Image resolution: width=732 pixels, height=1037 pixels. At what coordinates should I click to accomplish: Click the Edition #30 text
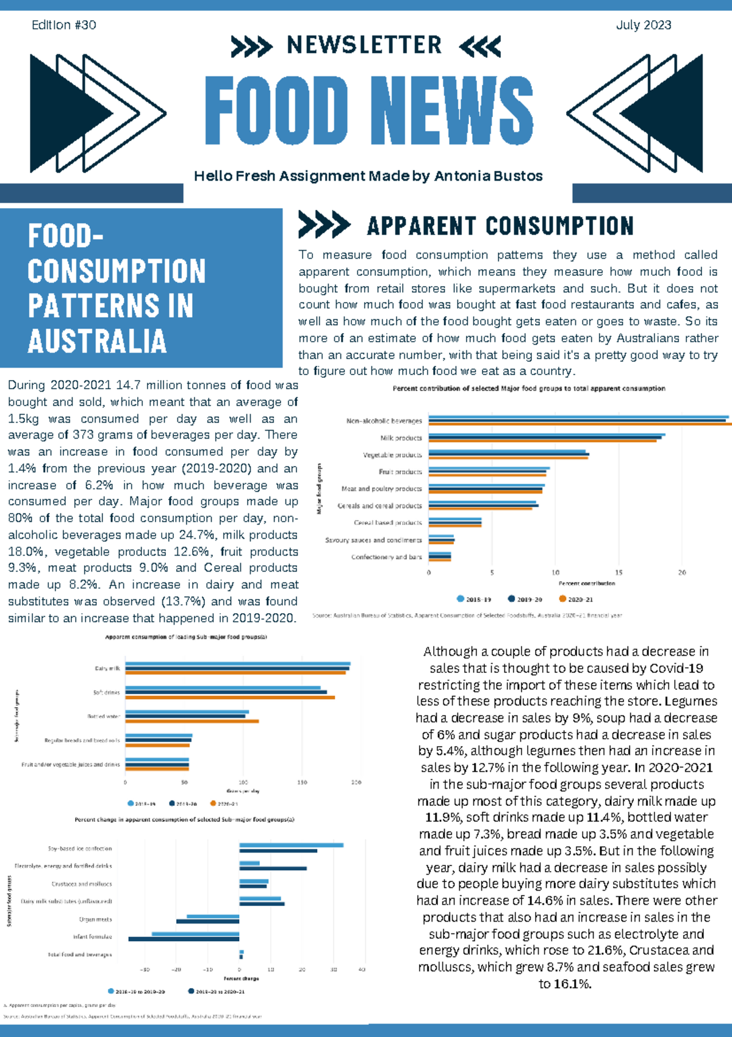63,25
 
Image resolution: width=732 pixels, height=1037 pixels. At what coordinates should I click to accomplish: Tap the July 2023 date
643,25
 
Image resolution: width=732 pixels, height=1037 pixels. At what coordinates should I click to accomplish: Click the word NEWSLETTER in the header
364,45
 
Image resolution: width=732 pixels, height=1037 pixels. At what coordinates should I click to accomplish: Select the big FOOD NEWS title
368,111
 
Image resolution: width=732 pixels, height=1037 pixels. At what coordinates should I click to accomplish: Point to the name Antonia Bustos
488,176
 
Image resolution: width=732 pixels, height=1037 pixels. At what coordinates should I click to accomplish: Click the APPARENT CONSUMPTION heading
500,226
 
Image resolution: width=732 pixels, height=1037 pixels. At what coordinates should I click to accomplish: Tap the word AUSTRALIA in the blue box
97,340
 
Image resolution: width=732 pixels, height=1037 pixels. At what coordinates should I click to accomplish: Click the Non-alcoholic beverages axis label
384,421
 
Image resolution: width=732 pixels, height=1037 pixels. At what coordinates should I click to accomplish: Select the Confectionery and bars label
386,557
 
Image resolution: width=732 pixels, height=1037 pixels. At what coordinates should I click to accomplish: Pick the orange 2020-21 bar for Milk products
543,440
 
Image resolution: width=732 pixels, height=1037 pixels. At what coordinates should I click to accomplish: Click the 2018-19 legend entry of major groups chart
474,599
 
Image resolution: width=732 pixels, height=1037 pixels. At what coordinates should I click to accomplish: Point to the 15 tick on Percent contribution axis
619,573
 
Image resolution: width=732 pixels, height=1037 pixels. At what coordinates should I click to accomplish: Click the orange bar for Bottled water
192,721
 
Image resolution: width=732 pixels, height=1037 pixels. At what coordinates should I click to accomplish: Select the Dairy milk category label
107,669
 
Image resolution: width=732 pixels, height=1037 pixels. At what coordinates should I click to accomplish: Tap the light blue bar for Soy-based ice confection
291,845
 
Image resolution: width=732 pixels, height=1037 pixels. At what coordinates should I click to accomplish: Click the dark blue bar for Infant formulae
184,939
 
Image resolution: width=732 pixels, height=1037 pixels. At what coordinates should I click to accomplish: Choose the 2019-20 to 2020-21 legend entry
216,991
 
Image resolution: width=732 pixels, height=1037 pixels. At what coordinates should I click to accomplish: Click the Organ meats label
95,919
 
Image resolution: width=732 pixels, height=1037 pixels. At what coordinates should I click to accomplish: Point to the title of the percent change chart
184,819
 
